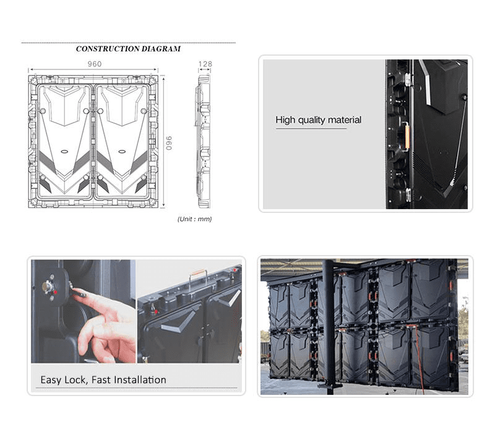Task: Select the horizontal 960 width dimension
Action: pyautogui.click(x=94, y=64)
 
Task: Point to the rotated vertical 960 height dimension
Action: pyautogui.click(x=168, y=142)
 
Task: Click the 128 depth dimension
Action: pyautogui.click(x=205, y=64)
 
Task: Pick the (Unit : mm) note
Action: pyautogui.click(x=194, y=219)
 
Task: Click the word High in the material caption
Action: pyautogui.click(x=285, y=120)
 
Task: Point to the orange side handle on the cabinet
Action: pyautogui.click(x=406, y=134)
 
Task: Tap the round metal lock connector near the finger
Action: pyautogui.click(x=48, y=286)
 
